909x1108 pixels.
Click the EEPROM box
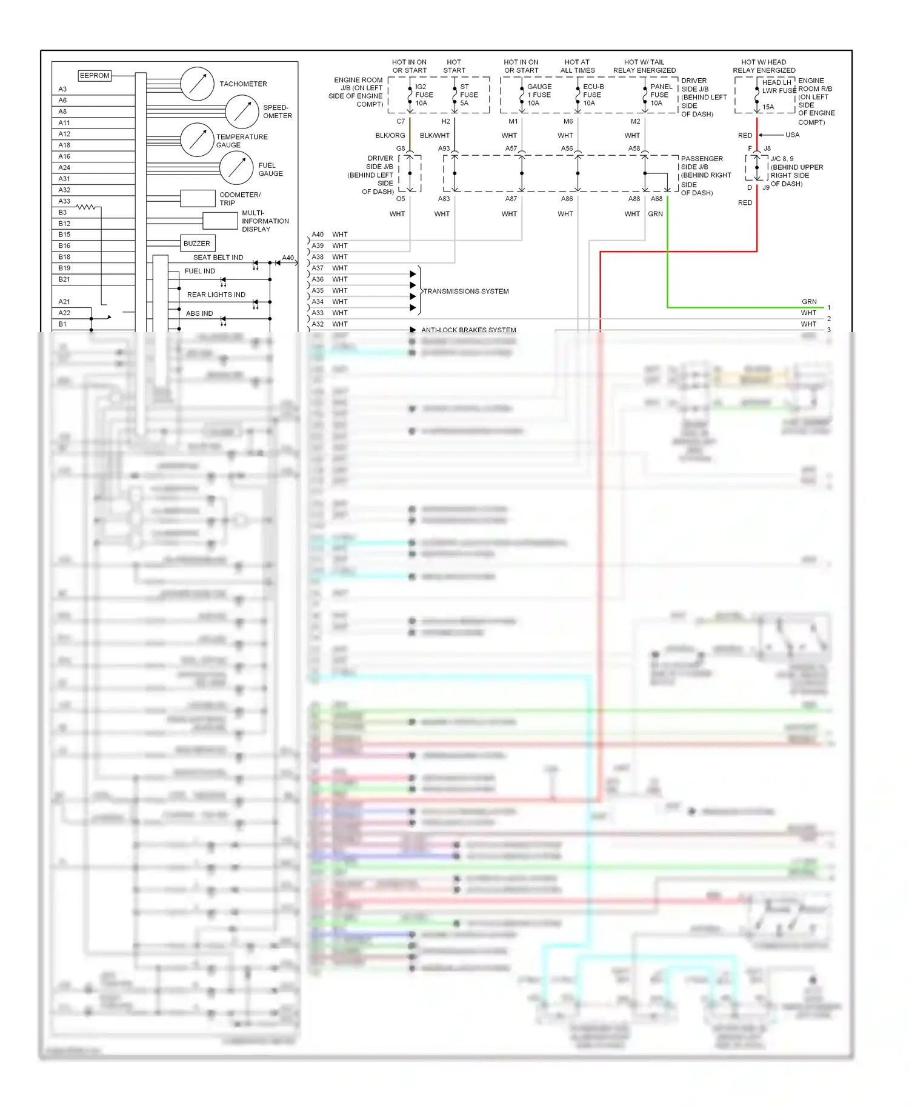click(x=95, y=76)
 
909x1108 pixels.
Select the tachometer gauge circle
click(x=197, y=84)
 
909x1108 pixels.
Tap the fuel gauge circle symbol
click(x=236, y=168)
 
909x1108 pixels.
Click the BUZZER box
click(x=196, y=244)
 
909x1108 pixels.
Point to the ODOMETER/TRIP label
click(x=239, y=199)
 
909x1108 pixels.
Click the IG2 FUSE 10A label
click(x=424, y=95)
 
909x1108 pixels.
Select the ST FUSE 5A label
click(x=468, y=95)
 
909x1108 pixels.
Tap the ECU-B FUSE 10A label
click(x=593, y=95)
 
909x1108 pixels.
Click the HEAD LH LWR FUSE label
click(x=779, y=87)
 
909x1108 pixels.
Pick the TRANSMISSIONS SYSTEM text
click(x=465, y=292)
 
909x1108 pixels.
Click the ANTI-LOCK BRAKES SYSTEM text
click(x=468, y=330)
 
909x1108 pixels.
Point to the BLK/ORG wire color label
click(x=390, y=136)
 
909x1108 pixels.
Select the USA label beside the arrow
click(x=792, y=135)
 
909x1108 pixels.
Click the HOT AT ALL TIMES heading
click(x=577, y=66)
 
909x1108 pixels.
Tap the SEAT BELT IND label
click(x=218, y=258)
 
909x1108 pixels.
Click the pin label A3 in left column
click(x=62, y=89)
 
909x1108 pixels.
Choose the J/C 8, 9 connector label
click(x=782, y=159)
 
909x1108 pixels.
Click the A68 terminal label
click(x=656, y=199)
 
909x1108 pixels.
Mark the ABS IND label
click(x=199, y=313)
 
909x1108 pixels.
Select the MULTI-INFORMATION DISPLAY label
click(x=265, y=221)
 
